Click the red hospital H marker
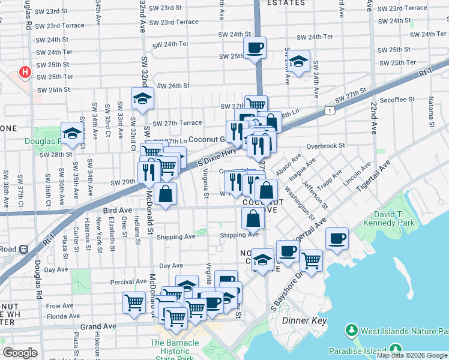pos(25,73)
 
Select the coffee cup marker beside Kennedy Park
pos(337,238)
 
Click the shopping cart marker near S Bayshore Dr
pos(311,260)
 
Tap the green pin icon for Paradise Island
pos(396,349)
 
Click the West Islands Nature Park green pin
pos(352,331)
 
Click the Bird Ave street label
pos(117,211)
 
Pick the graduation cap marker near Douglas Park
pos(72,134)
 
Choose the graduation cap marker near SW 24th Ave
pos(298,61)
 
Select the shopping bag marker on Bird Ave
pos(165,194)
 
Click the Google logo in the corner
pos(20,353)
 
